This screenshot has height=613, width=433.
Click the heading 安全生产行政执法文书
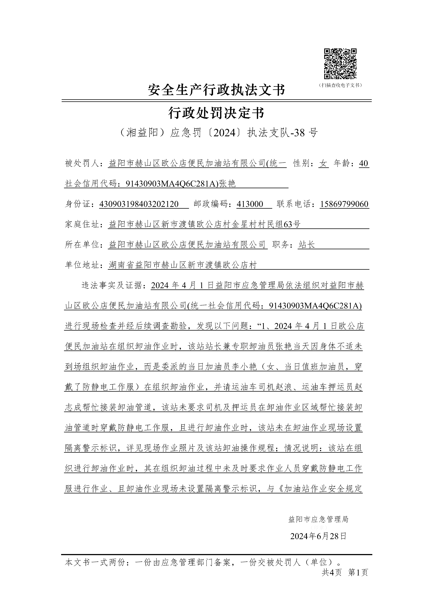(217, 90)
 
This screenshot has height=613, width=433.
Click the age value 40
(363, 163)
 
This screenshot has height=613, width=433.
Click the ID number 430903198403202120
(139, 204)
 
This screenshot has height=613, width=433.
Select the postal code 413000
(250, 204)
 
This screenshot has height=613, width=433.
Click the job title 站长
(307, 245)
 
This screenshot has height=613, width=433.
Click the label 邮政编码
(212, 204)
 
